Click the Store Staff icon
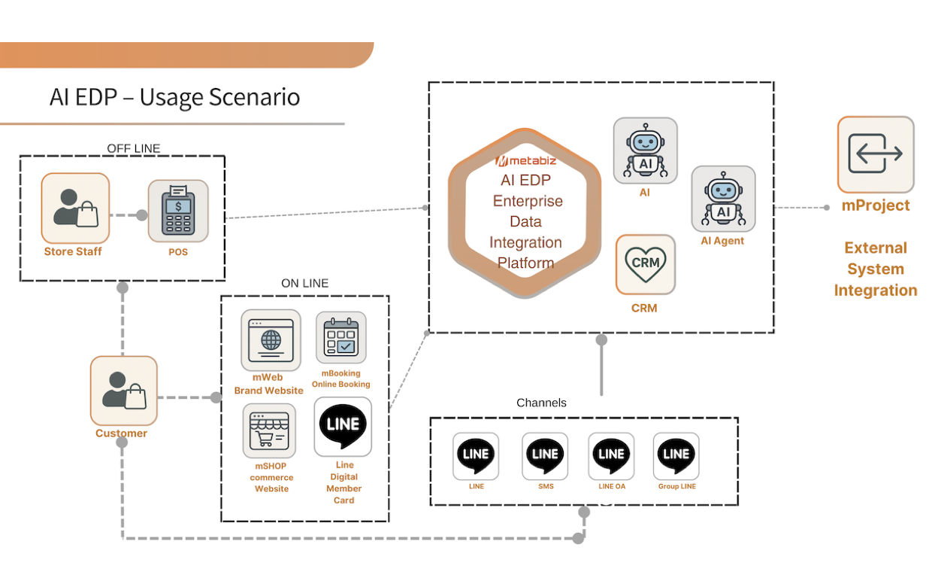pos(75,207)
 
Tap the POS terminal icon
pos(178,211)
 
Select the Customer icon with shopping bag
pos(124,390)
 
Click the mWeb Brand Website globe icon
pos(271,340)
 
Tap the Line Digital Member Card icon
pos(343,426)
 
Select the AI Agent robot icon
pos(723,199)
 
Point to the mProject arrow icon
pos(876,154)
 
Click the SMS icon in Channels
pos(545,455)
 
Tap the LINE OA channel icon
pos(611,455)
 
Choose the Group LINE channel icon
pos(676,455)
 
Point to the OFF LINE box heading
pos(134,148)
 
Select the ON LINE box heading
pos(304,284)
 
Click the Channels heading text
pos(541,403)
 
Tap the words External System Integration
pos(876,269)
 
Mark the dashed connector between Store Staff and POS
pos(128,215)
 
